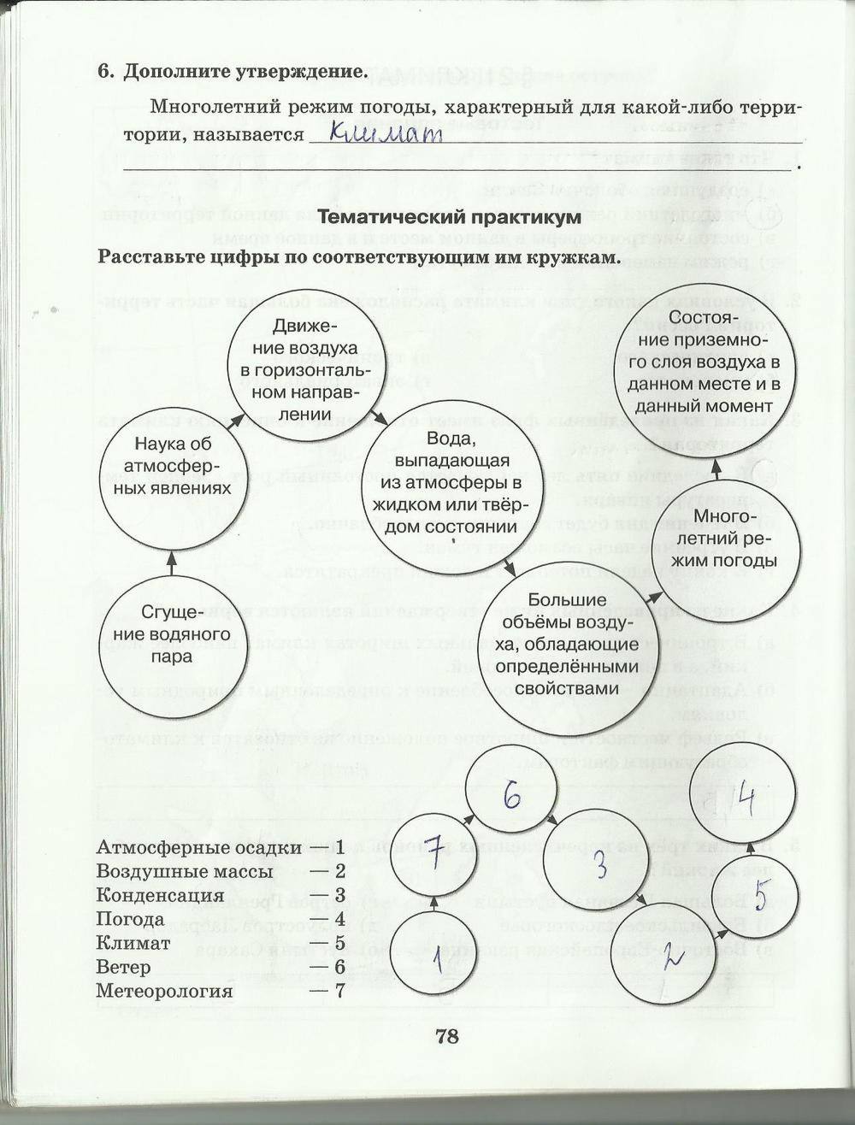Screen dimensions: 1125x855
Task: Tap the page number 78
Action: point(447,1036)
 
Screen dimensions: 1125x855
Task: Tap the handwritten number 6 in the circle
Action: point(511,796)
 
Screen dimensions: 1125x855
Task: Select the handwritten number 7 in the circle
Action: point(434,851)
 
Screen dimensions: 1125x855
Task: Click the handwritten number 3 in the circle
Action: point(600,865)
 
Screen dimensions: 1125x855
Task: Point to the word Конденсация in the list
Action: point(160,896)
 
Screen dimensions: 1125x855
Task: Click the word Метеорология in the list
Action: point(164,992)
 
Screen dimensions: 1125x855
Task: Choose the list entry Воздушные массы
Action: point(184,872)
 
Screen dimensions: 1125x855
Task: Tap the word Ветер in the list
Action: point(123,968)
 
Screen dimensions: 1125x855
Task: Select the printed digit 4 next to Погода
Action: point(339,920)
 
